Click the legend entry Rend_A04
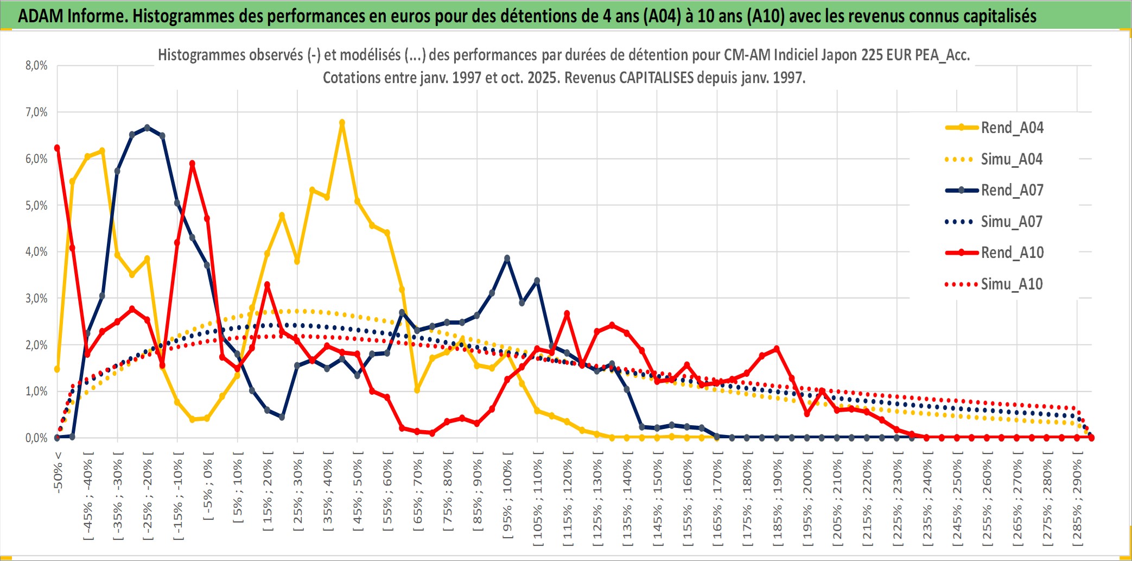[x=1012, y=128]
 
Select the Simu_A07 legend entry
[x=1012, y=222]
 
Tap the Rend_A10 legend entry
[x=1012, y=253]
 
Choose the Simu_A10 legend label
[x=1012, y=284]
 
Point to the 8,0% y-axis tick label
[x=36, y=66]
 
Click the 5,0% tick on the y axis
[x=36, y=205]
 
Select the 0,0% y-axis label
[x=36, y=438]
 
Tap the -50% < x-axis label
[x=58, y=472]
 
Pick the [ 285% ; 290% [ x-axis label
[x=1077, y=502]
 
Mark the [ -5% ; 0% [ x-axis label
[x=208, y=486]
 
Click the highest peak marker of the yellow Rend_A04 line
[x=342, y=123]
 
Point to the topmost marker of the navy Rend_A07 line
[x=147, y=128]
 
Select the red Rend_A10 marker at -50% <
[x=57, y=148]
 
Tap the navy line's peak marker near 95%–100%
[x=507, y=259]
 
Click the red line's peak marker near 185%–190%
[x=777, y=349]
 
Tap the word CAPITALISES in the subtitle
[x=656, y=78]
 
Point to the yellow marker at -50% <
[x=57, y=369]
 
